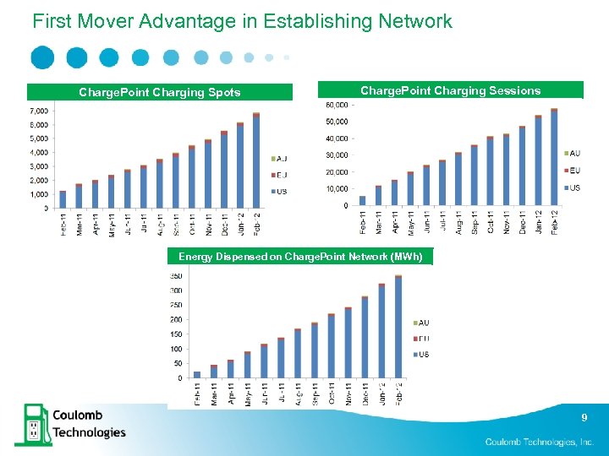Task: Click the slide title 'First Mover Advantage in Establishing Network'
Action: tap(242, 21)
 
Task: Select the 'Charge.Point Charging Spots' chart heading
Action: tap(159, 92)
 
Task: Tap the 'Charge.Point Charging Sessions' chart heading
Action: tap(450, 90)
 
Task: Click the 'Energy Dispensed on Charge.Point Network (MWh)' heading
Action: tap(299, 256)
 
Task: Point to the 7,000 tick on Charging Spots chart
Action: tap(38, 111)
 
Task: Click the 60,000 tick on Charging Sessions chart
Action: tap(336, 105)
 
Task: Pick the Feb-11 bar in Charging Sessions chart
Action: tap(362, 201)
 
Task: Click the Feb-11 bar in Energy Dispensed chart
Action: tap(197, 374)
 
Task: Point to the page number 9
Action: tap(584, 417)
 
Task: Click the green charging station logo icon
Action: tap(31, 423)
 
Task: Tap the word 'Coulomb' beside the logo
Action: tap(79, 415)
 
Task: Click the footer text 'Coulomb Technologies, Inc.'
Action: tap(540, 442)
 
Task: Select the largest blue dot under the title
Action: tap(42, 57)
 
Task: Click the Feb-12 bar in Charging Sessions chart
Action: tap(554, 158)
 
